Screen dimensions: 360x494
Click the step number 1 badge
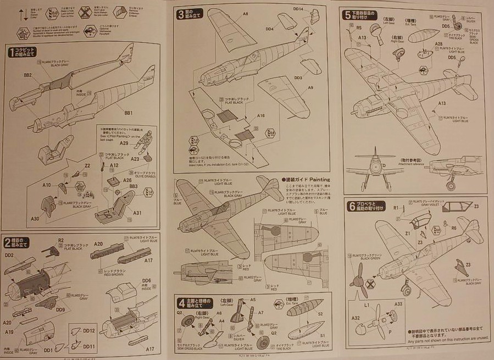11,53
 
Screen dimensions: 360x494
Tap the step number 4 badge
180,302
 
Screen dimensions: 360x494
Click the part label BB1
128,113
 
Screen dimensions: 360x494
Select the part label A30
35,218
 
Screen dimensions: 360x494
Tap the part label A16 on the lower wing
260,116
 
